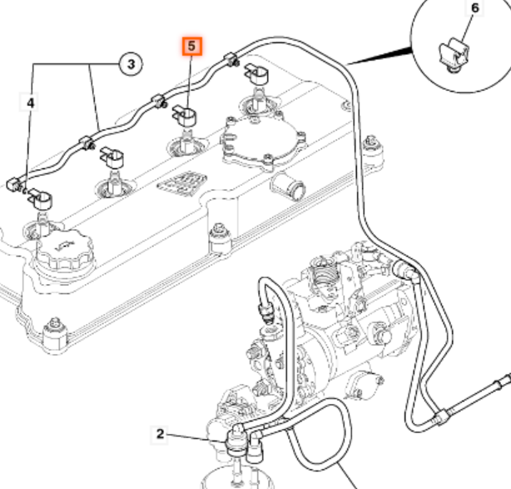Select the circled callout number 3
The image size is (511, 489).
131,62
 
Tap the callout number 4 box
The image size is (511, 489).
31,102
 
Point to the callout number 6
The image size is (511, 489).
474,9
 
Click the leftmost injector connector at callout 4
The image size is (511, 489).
37,197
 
